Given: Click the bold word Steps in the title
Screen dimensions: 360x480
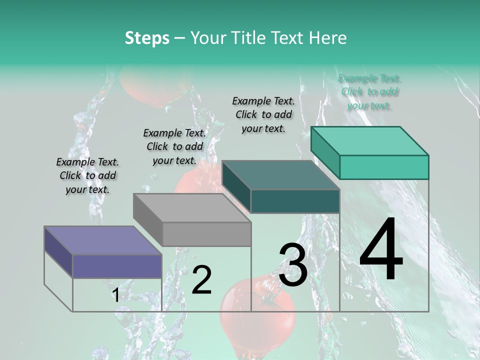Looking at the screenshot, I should (x=147, y=38).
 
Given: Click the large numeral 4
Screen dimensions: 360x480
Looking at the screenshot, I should (x=381, y=250).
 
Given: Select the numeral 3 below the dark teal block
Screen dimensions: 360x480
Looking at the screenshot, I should (x=293, y=265).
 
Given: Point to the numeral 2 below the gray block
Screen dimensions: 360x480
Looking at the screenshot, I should (x=202, y=280).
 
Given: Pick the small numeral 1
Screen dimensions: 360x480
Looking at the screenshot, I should (x=115, y=295).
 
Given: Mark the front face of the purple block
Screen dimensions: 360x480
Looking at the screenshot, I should (x=117, y=266).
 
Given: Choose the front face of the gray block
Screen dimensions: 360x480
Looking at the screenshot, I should (x=206, y=234).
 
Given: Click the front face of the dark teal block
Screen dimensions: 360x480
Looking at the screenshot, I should (x=295, y=201).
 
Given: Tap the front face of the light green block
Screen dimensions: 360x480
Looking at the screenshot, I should (x=384, y=167).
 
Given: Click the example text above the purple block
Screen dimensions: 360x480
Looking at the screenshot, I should (x=87, y=175).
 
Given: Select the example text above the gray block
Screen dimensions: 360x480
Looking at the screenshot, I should (x=174, y=146).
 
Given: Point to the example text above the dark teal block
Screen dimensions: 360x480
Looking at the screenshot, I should (x=263, y=114).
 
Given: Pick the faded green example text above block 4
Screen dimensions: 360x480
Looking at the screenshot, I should (x=369, y=91).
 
